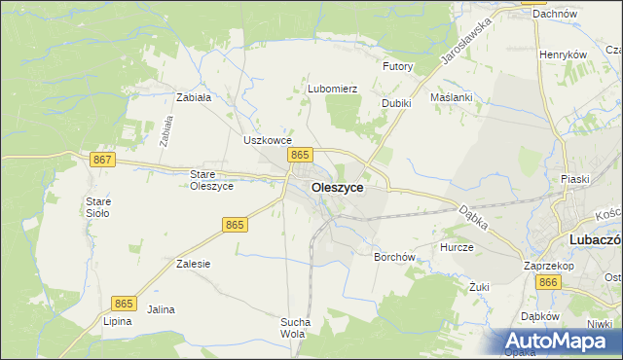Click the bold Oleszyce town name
(338, 188)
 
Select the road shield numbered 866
(548, 281)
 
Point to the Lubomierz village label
(333, 89)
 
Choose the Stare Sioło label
(98, 207)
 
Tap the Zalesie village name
(194, 264)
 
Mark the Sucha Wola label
(295, 328)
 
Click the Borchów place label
(395, 258)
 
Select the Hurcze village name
(457, 247)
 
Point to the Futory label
(398, 67)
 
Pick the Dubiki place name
(396, 103)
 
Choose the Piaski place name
(576, 179)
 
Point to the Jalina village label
(161, 309)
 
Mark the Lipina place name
(117, 321)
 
